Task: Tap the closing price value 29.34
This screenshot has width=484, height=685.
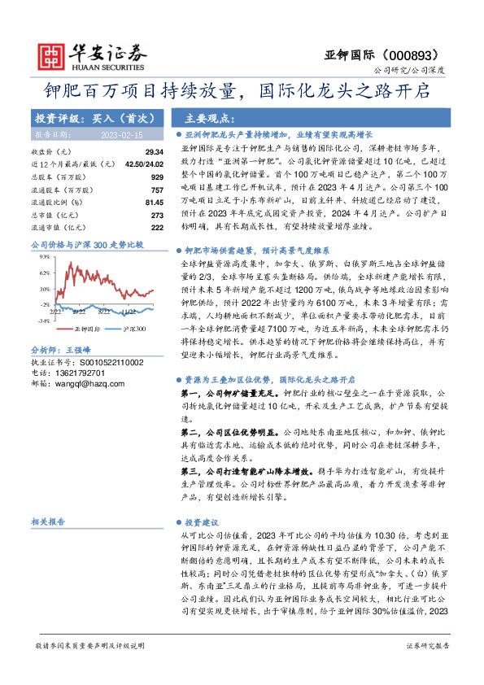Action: click(155, 152)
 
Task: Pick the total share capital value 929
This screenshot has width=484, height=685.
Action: click(158, 176)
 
